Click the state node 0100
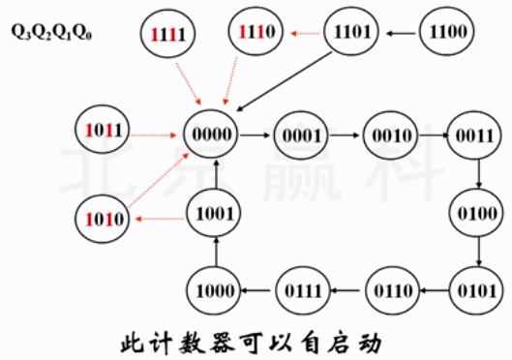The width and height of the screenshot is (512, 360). (x=481, y=210)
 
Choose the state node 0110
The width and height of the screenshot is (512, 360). (x=392, y=287)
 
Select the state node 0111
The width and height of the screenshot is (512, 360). (x=303, y=287)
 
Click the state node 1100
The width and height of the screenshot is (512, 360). (x=447, y=33)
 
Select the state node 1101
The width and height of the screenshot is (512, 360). (x=353, y=33)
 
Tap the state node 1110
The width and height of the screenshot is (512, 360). (x=258, y=33)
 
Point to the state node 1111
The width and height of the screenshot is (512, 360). (x=166, y=35)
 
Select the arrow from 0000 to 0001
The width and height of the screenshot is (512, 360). (x=256, y=135)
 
